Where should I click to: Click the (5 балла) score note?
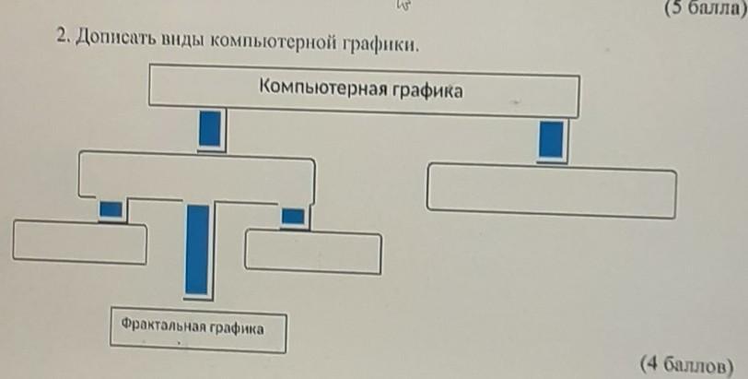click(x=702, y=8)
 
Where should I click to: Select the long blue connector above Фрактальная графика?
click(x=197, y=248)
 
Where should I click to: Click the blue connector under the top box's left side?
click(x=211, y=127)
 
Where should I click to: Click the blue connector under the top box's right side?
click(x=551, y=138)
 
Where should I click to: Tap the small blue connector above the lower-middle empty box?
click(x=293, y=217)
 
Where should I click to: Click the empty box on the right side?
click(x=551, y=190)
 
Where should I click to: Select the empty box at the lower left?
click(x=79, y=243)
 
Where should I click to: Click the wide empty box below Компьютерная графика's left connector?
click(x=197, y=174)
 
